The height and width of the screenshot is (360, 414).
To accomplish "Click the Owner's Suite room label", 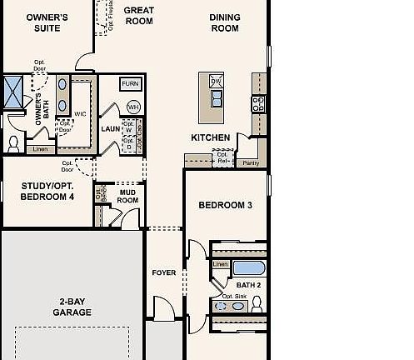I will coord(47,22).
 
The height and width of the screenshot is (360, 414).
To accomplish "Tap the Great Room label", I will coord(139,16).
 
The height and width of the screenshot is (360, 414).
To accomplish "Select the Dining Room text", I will coord(224,22).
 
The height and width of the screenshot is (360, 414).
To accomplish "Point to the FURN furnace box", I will coord(131,84).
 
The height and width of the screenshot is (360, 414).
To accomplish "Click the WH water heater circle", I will coord(133,107).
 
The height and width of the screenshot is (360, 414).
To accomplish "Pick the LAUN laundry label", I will coord(111,129).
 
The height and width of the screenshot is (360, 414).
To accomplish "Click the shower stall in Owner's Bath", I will coord(14,91).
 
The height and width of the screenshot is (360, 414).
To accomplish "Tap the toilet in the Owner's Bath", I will coord(12,143).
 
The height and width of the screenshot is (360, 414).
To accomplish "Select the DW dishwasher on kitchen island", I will coord(216,81).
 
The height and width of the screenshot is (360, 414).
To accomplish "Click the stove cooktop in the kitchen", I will coord(258,103).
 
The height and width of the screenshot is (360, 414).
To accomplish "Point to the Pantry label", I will coord(251,163).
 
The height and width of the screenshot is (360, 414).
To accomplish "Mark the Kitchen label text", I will coord(211,137).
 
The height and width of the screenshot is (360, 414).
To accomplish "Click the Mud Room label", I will coord(127,196).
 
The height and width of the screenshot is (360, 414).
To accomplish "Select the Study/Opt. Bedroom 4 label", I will coord(47,192).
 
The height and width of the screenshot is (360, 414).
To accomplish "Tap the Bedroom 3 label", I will coord(225,205).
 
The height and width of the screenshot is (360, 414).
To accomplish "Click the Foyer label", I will coord(163,272).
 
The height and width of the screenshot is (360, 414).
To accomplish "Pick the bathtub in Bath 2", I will coord(248,268).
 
